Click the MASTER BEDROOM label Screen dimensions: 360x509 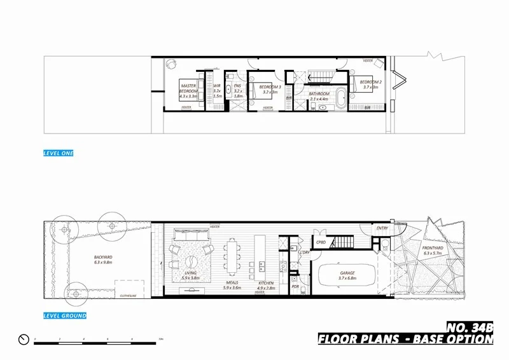(188, 88)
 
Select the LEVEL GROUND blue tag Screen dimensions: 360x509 (64, 315)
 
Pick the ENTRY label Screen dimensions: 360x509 (382, 228)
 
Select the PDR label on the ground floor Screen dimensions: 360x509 (295, 287)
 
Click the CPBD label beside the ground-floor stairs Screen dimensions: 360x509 (321, 242)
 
